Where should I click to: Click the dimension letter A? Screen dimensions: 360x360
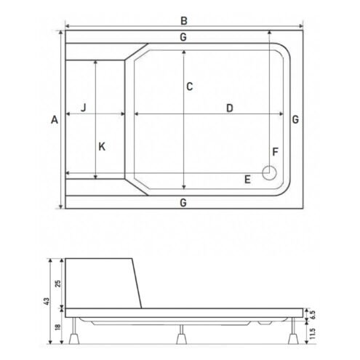(x=55, y=119)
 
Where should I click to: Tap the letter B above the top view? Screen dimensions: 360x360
(x=184, y=21)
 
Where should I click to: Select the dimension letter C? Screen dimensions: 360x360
(x=190, y=87)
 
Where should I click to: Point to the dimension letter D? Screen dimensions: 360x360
(x=230, y=108)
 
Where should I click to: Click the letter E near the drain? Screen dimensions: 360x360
(x=247, y=180)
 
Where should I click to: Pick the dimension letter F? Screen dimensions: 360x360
(x=275, y=152)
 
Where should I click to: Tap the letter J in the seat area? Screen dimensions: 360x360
(x=84, y=108)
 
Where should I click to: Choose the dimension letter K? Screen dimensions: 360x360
(x=102, y=147)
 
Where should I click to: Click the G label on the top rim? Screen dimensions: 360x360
(x=183, y=37)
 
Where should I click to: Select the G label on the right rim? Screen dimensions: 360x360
(x=295, y=119)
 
